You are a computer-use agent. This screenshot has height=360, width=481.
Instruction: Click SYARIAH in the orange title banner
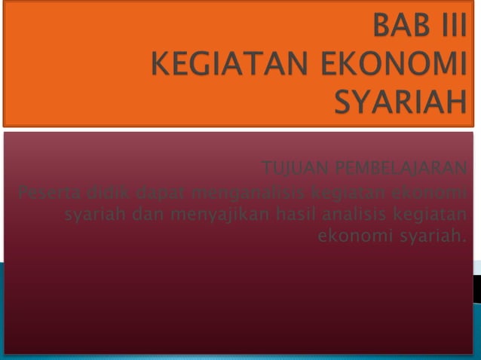[400, 102]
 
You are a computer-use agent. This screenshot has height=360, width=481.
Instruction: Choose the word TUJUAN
[293, 166]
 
